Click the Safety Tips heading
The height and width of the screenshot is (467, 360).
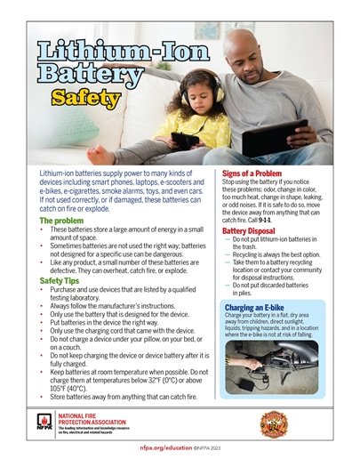pyautogui.click(x=65, y=281)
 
